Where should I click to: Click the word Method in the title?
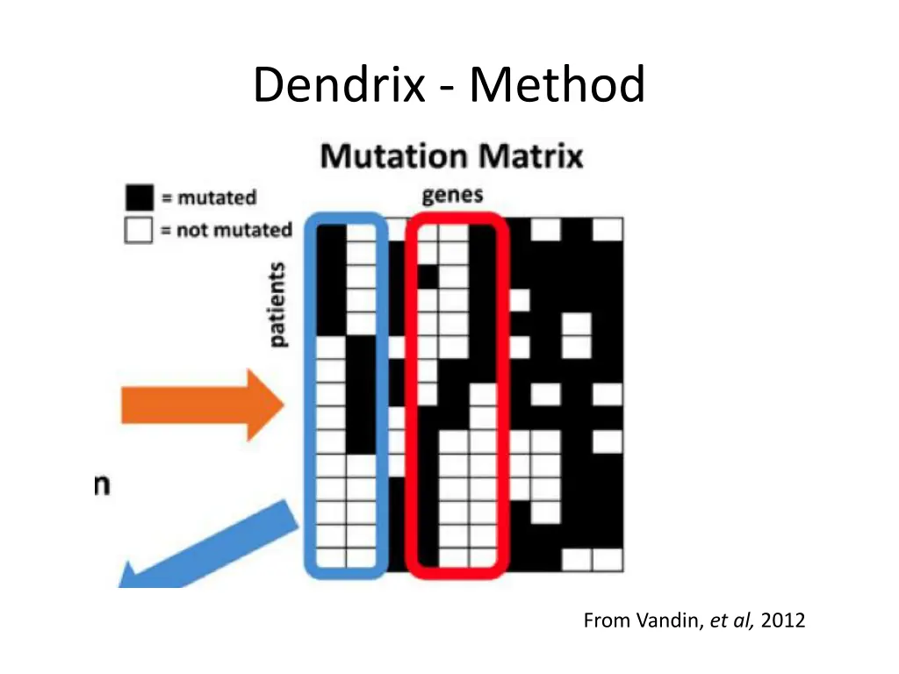pos(557,86)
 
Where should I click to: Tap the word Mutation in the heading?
pos(393,157)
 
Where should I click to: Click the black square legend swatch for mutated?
pos(139,197)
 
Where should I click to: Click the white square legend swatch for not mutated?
pos(139,230)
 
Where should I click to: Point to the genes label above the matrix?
pos(452,195)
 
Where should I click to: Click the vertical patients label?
pos(277,305)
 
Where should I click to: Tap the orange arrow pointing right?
pos(201,405)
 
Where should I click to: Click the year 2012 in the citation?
pos(783,621)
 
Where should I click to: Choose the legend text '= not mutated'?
pos(225,230)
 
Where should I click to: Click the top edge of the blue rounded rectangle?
pos(345,216)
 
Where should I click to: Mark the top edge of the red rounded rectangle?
pos(457,216)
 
